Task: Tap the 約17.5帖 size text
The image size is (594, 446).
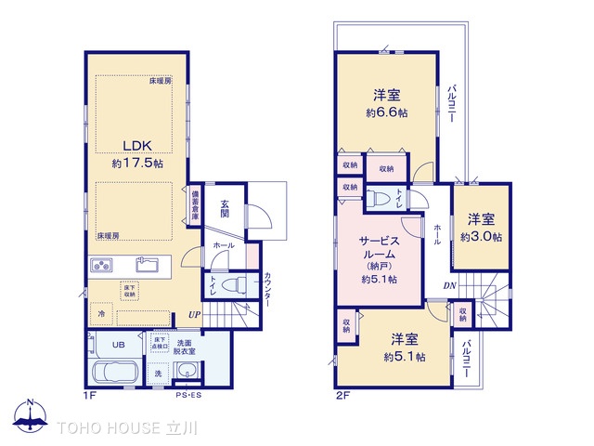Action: tap(137, 163)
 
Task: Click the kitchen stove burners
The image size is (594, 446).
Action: tap(103, 267)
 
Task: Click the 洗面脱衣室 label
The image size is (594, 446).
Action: tap(187, 347)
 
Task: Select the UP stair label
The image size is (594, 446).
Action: tap(194, 316)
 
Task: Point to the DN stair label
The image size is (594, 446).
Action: tap(449, 286)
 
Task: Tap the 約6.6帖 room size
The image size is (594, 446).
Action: tap(388, 113)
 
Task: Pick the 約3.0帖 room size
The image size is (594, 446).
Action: tap(481, 237)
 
